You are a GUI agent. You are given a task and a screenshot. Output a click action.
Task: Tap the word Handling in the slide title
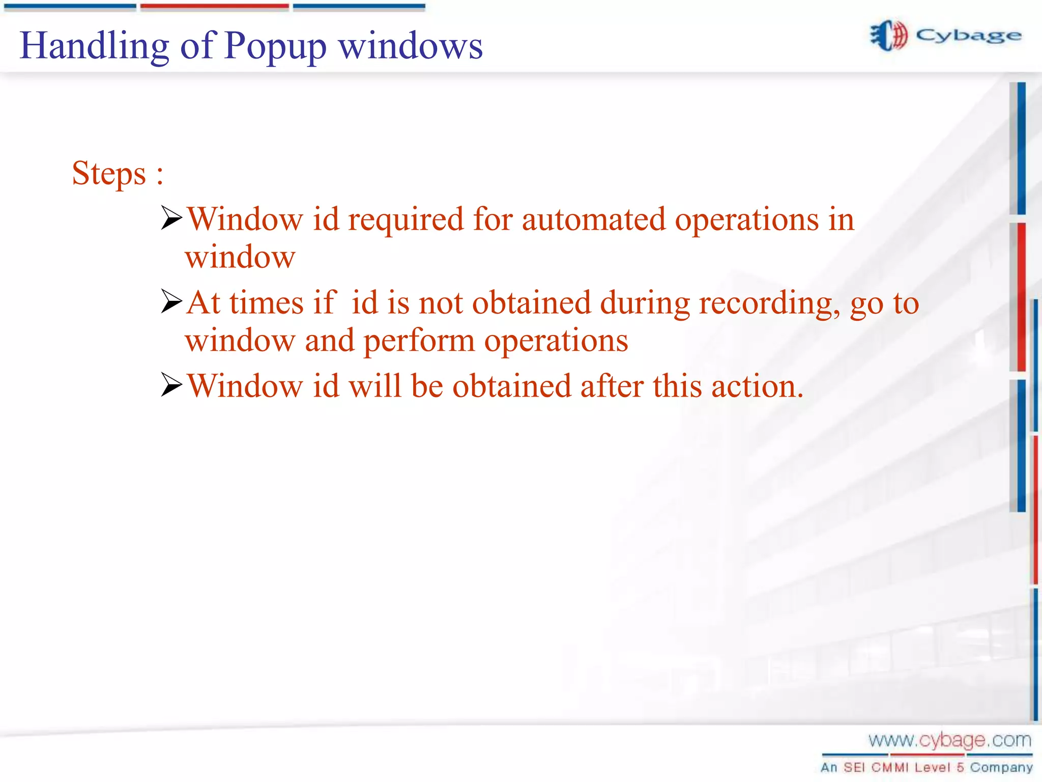pos(94,46)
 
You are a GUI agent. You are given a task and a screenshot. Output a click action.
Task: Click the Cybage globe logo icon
pos(888,36)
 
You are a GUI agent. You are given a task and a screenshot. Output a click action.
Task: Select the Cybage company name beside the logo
pos(969,36)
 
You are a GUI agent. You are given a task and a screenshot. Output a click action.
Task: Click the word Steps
pos(109,173)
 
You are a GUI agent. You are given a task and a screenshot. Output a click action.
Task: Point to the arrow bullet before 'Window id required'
pos(171,218)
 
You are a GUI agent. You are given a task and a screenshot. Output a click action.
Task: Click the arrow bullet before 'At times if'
pos(171,301)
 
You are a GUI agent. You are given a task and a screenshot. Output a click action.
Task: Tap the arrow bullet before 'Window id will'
pos(171,385)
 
